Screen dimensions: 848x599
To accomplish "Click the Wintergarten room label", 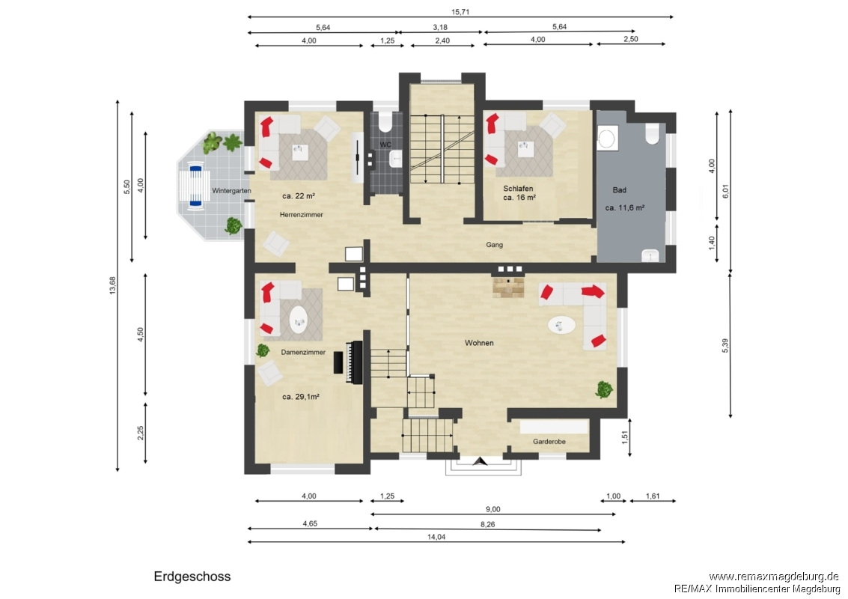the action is click(x=231, y=190).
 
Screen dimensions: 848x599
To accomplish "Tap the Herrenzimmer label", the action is click(x=301, y=215).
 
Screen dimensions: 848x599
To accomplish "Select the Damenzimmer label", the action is click(x=303, y=352).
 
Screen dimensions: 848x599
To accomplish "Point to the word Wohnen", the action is click(x=479, y=343).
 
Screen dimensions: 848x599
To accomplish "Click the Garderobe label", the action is click(x=549, y=442).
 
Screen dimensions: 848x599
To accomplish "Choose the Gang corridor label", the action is click(x=494, y=245).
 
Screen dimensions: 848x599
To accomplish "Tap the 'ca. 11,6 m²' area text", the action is click(x=625, y=207).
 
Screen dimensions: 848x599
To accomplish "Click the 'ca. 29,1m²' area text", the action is click(x=301, y=397).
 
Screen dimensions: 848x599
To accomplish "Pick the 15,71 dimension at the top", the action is click(x=460, y=12).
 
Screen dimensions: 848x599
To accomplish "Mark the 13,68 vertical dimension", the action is click(x=112, y=285).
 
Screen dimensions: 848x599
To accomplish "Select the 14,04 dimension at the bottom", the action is click(x=436, y=537).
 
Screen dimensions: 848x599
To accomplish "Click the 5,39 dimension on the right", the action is click(x=725, y=346).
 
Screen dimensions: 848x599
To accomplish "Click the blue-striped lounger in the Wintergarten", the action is click(x=195, y=187).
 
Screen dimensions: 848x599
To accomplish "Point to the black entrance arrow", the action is click(x=480, y=461).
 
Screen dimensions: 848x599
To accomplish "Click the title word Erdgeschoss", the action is click(x=192, y=577).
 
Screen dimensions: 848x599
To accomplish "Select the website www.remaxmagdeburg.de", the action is click(x=774, y=577).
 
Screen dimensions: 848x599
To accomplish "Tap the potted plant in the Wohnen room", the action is click(x=604, y=389).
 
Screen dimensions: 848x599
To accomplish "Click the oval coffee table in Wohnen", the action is click(x=562, y=325).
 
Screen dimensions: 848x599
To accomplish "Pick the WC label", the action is click(x=385, y=145).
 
